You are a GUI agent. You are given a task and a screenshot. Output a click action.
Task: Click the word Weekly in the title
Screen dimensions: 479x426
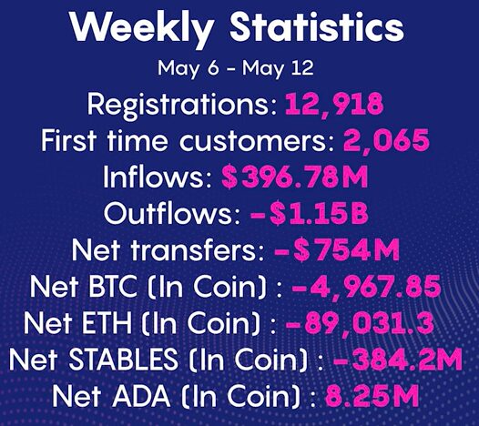point(142,28)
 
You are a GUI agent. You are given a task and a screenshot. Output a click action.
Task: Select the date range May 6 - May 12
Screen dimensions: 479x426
point(236,68)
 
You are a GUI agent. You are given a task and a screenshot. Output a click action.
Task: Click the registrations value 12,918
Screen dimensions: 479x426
point(334,105)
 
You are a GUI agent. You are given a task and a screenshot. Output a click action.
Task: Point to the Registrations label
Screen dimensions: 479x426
point(182,105)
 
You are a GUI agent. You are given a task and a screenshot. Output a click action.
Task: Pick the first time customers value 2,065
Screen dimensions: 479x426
point(386,140)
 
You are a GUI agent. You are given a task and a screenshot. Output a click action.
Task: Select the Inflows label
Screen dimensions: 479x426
point(158,177)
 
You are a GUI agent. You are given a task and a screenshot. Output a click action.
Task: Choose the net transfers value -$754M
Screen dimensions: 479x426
point(337,249)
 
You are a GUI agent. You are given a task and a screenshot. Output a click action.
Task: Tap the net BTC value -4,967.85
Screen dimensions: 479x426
point(366,287)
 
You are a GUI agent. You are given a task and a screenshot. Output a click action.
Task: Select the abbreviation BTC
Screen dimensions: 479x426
point(113,286)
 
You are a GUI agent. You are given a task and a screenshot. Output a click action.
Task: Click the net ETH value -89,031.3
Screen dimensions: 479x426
point(360,323)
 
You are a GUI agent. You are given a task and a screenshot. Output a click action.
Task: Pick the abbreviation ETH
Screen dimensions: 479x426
point(107,322)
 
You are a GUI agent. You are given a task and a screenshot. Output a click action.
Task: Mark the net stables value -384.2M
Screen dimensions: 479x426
point(397,359)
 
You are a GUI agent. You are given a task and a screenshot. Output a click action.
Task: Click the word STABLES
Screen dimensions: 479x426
point(123,359)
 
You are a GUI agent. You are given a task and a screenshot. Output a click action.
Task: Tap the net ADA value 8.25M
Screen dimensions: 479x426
point(372,395)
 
